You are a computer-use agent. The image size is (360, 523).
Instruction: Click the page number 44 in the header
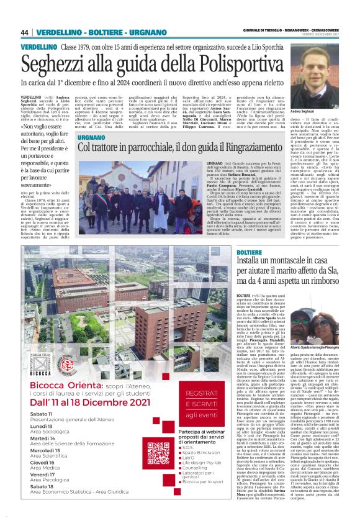25,32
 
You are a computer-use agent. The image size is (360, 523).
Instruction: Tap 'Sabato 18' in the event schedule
41,504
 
